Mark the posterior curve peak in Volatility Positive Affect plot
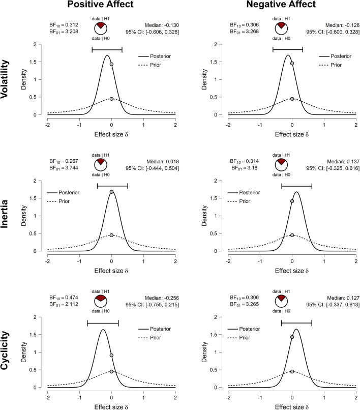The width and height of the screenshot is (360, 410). [107, 56]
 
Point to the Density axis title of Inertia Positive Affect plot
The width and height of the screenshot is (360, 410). [24, 216]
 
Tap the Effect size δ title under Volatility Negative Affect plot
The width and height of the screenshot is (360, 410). [292, 133]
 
